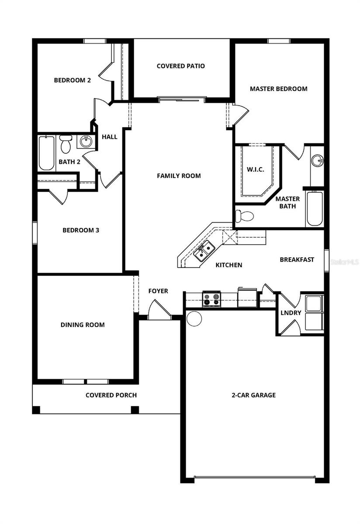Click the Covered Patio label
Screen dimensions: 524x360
(x=180, y=66)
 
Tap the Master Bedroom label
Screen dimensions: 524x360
(x=278, y=89)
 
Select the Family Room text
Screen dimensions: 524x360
(x=179, y=176)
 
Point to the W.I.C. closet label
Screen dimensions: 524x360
(x=255, y=169)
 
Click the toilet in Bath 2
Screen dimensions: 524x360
(x=66, y=144)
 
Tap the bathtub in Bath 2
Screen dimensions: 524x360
(x=46, y=153)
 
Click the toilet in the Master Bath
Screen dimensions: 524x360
(x=244, y=216)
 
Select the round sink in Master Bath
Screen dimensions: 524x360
(x=318, y=161)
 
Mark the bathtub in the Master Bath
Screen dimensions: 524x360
(x=315, y=209)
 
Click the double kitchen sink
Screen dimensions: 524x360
(x=204, y=251)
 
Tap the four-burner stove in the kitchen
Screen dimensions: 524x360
(x=211, y=300)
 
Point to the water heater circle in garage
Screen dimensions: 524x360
(x=194, y=318)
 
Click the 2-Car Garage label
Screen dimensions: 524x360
(x=253, y=395)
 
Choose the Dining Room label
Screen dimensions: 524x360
(x=82, y=324)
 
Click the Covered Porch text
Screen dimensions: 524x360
(x=111, y=395)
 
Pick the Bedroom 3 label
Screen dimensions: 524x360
(x=81, y=230)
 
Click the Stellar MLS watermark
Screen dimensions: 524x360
(x=344, y=262)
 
